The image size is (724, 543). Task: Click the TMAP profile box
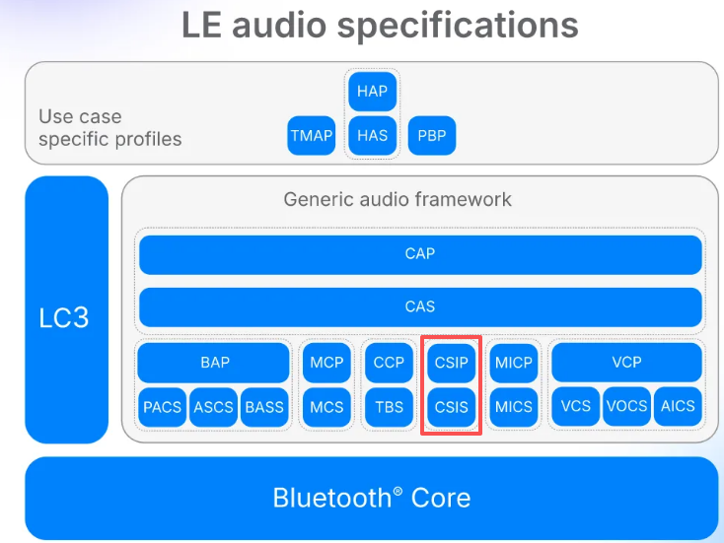[x=312, y=135]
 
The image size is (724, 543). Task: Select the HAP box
[x=373, y=92]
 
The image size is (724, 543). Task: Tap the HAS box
[x=373, y=135]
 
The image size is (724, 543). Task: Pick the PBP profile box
[x=432, y=135]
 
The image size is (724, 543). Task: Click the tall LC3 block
[x=66, y=310]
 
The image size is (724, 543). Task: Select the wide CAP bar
[x=420, y=254]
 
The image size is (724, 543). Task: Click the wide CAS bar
[x=420, y=306]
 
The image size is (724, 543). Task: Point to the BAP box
[x=214, y=363]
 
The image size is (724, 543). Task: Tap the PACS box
[x=163, y=406]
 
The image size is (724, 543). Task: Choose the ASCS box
[x=213, y=406]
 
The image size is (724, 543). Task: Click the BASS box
[x=263, y=406]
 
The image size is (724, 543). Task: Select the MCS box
[x=326, y=406]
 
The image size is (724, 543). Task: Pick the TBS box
[x=389, y=406]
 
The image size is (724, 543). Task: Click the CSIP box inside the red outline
[x=452, y=363]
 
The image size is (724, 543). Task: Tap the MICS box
[x=514, y=406]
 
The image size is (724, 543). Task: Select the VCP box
[x=626, y=363]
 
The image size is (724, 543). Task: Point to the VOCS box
[x=626, y=406]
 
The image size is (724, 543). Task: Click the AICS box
[x=678, y=406]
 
